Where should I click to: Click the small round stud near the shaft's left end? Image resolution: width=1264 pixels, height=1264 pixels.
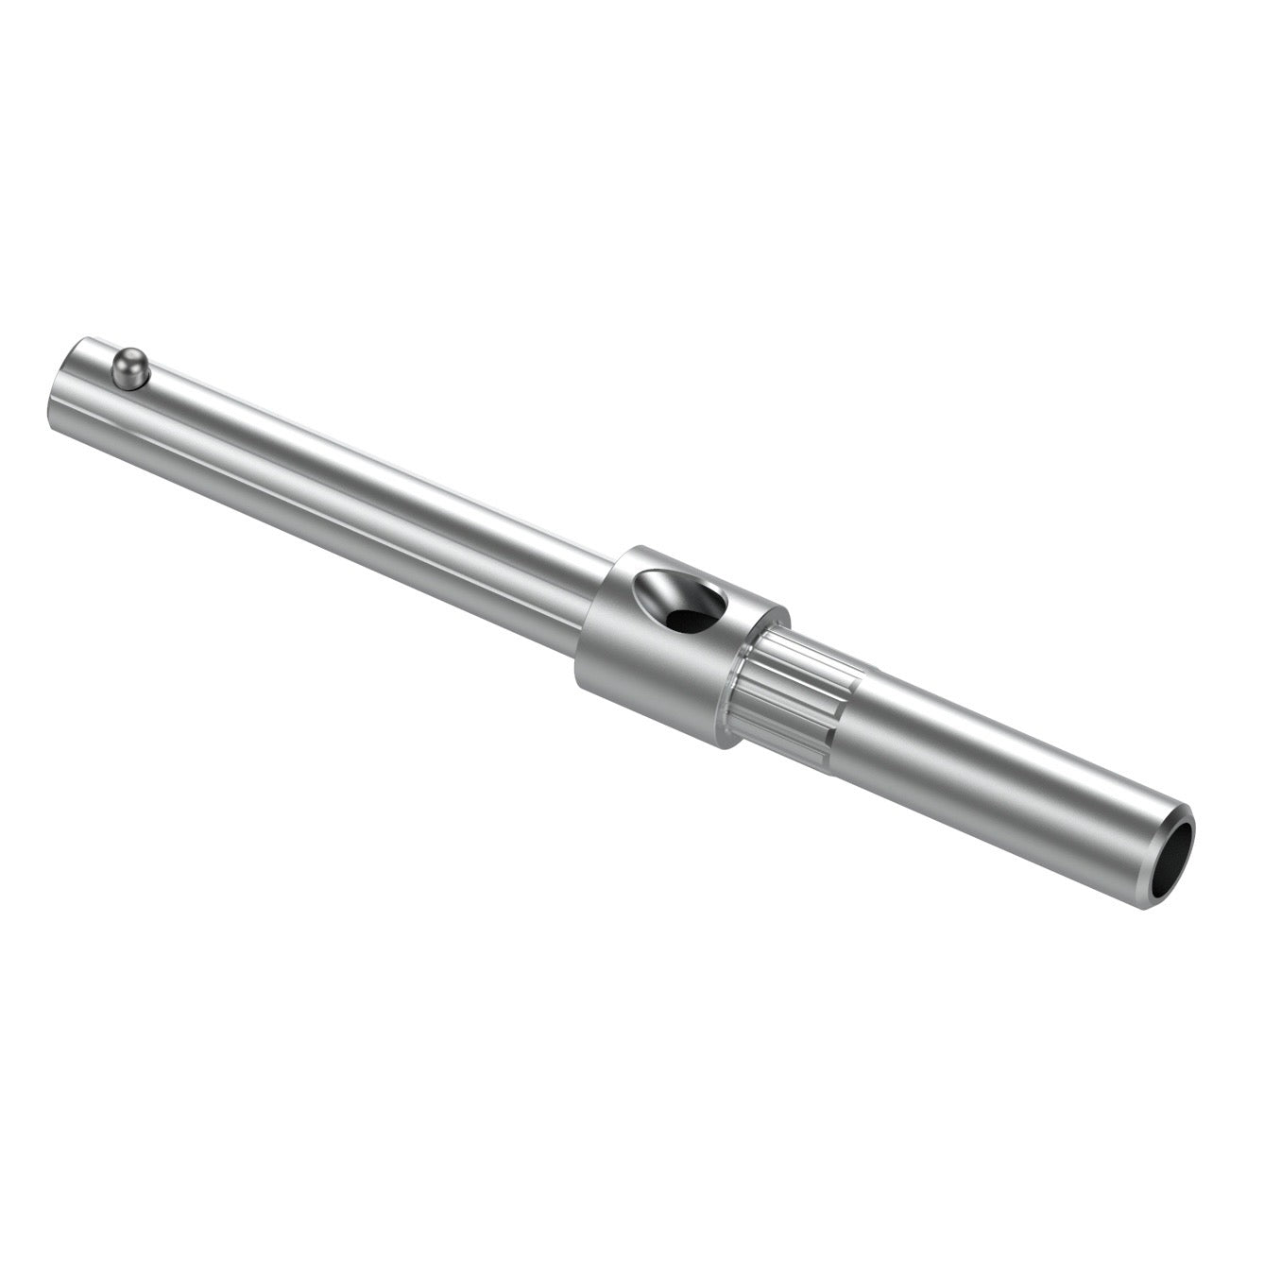[130, 368]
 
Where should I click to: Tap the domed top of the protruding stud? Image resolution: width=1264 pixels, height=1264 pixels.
[128, 360]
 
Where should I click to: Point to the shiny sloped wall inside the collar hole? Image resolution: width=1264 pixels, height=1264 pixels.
[661, 590]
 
